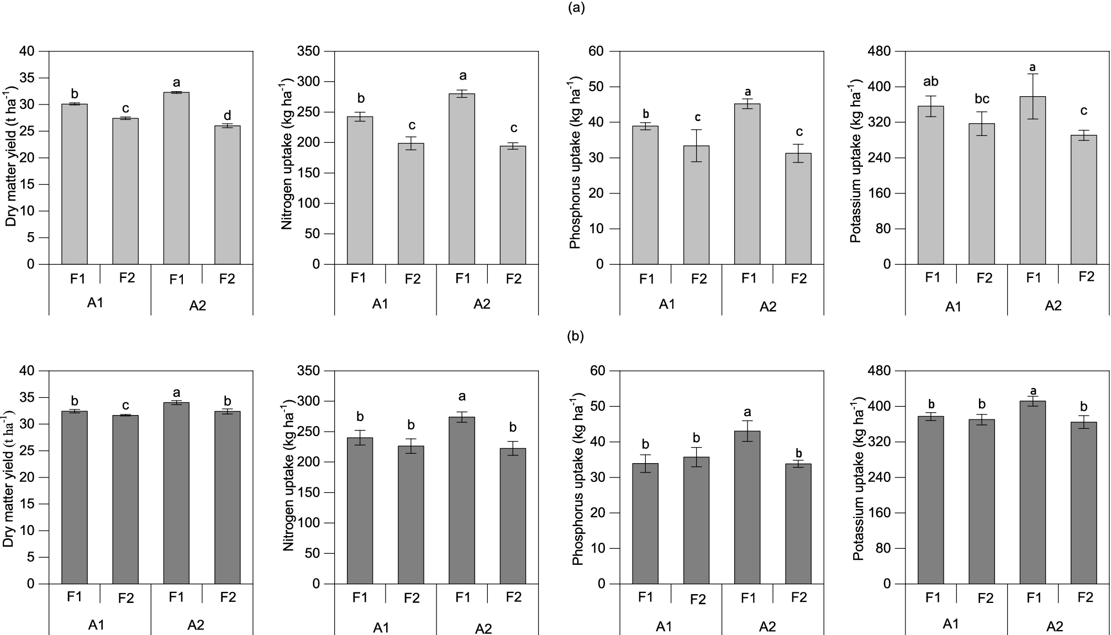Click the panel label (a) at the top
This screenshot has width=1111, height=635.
pos(576,8)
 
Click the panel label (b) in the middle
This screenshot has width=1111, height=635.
pos(576,336)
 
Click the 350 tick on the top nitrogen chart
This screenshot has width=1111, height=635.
pos(308,51)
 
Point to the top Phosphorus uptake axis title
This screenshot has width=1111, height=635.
pos(575,163)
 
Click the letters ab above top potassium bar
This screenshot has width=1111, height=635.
pos(931,82)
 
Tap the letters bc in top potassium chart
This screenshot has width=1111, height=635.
pos(982,99)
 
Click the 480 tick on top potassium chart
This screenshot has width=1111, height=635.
pos(880,51)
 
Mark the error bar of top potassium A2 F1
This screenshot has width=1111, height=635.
pos(1033,96)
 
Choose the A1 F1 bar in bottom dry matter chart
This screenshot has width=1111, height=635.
pos(75,497)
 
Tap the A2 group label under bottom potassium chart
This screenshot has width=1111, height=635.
pos(1054,626)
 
